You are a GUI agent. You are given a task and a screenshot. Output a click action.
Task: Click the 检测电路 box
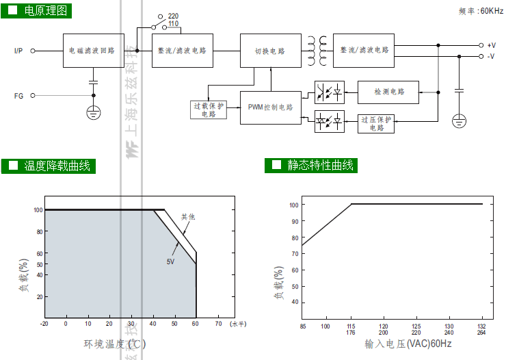click(388, 91)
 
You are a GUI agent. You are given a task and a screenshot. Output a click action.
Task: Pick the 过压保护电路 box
click(376, 124)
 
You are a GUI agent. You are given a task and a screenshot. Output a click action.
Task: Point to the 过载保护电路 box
click(209, 110)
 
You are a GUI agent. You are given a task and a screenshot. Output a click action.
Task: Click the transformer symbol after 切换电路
click(316, 51)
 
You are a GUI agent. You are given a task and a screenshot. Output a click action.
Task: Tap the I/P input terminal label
click(18, 51)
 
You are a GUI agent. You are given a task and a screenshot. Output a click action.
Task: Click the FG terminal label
click(18, 96)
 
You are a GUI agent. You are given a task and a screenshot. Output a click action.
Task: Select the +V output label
click(491, 44)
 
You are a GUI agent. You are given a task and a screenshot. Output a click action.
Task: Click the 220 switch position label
click(173, 15)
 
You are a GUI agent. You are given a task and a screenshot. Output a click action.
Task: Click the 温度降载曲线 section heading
click(57, 166)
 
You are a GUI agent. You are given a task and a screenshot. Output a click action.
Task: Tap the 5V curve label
click(170, 261)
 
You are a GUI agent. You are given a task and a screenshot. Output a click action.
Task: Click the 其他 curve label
click(188, 217)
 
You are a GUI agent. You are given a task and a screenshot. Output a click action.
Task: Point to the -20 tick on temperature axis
click(44, 323)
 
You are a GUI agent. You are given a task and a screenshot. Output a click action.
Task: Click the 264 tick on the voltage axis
click(481, 333)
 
